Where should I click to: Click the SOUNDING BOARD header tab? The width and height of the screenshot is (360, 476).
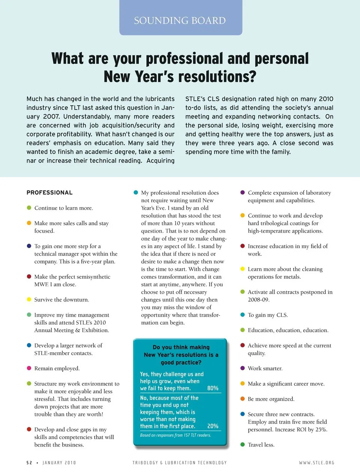click(180, 20)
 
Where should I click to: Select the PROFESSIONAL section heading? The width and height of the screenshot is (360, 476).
click(49, 193)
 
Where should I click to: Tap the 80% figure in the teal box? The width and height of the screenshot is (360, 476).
click(213, 388)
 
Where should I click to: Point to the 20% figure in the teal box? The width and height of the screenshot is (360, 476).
click(213, 426)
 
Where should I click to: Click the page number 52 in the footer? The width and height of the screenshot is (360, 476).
click(29, 463)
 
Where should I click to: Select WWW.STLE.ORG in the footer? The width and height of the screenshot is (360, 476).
click(316, 463)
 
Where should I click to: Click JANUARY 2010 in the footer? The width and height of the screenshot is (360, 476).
click(59, 463)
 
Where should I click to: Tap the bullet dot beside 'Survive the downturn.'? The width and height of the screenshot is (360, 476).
click(29, 299)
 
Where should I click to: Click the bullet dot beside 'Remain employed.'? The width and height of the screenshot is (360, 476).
click(29, 368)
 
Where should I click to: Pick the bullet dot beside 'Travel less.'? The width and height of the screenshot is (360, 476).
click(243, 445)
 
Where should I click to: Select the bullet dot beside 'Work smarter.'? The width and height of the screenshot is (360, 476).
click(243, 368)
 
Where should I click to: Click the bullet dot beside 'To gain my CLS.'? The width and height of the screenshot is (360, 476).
click(243, 315)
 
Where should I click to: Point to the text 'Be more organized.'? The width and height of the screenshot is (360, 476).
click(271, 399)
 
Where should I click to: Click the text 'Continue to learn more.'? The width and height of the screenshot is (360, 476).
click(64, 208)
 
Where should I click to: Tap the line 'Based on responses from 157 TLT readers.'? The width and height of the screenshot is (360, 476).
click(175, 435)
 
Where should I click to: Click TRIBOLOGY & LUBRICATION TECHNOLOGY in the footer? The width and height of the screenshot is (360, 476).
click(180, 463)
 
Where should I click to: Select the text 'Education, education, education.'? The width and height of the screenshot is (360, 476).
click(288, 330)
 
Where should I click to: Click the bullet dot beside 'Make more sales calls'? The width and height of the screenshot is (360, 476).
click(29, 223)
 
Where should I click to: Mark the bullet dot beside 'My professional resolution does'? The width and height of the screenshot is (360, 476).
click(136, 193)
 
